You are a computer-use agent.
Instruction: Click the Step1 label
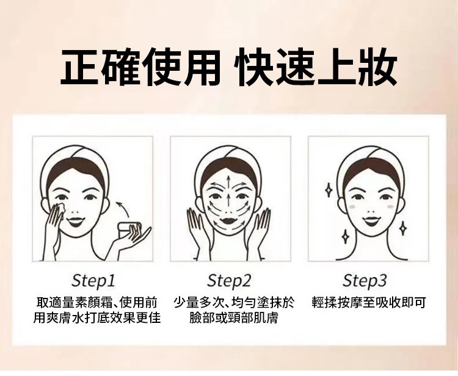[93, 281]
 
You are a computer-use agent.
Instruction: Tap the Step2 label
[229, 281]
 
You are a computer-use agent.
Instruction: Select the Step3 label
[364, 281]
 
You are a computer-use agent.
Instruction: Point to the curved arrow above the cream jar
[124, 208]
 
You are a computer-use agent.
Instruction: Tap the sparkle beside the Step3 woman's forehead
[329, 190]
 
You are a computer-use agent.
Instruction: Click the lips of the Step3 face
[371, 221]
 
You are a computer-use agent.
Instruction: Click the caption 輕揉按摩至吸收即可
[369, 302]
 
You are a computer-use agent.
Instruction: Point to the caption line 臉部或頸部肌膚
[233, 317]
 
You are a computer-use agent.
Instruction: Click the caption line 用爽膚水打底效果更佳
[97, 317]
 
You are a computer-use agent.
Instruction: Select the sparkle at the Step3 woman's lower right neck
[403, 228]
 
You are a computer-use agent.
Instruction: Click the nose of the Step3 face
[371, 211]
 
